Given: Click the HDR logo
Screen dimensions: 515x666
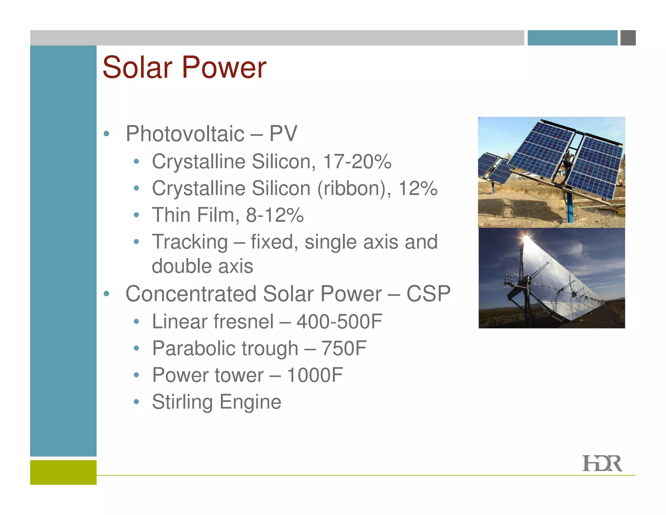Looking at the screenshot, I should [x=602, y=463].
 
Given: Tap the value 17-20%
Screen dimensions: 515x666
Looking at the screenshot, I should [x=357, y=161].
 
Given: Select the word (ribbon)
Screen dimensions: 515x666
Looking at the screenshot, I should [x=354, y=188].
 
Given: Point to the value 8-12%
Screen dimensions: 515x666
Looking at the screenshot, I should [x=275, y=215].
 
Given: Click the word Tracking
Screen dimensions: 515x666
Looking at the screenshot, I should [x=190, y=242].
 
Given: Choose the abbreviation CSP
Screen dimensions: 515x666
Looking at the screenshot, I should [x=428, y=294].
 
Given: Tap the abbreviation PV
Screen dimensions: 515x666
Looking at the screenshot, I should [x=283, y=134].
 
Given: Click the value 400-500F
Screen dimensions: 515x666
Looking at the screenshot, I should [x=339, y=322].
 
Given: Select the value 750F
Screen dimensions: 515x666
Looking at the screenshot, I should [x=344, y=348].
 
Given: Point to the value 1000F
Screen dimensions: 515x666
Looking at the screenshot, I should [x=315, y=375].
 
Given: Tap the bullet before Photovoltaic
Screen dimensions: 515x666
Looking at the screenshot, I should [x=106, y=134].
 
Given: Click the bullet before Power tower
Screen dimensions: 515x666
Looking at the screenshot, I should [x=136, y=375].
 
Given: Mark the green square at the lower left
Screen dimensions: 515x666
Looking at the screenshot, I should [x=63, y=472].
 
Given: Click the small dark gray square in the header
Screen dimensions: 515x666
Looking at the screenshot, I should [x=628, y=38].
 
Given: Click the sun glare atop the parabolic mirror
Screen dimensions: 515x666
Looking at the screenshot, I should [x=526, y=240].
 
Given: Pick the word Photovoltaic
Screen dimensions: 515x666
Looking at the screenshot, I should [x=185, y=134].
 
